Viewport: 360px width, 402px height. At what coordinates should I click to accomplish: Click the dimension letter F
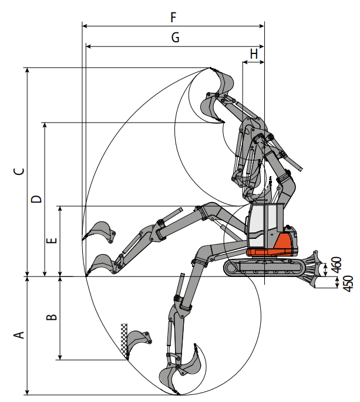tap(173, 17)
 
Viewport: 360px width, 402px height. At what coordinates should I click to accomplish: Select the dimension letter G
tap(175, 37)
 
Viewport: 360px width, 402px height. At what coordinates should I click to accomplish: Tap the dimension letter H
tap(254, 53)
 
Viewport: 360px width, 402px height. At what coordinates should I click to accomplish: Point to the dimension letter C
tap(19, 172)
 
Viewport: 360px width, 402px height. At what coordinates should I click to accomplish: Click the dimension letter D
tap(36, 199)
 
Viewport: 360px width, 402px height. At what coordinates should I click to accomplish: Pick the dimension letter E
tap(52, 241)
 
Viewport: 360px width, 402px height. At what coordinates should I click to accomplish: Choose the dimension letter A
tap(19, 335)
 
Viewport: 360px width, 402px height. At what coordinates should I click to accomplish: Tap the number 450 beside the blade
tap(346, 283)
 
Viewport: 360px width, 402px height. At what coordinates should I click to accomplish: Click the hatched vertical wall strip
tap(125, 340)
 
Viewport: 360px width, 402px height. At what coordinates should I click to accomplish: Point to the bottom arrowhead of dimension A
tap(27, 392)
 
